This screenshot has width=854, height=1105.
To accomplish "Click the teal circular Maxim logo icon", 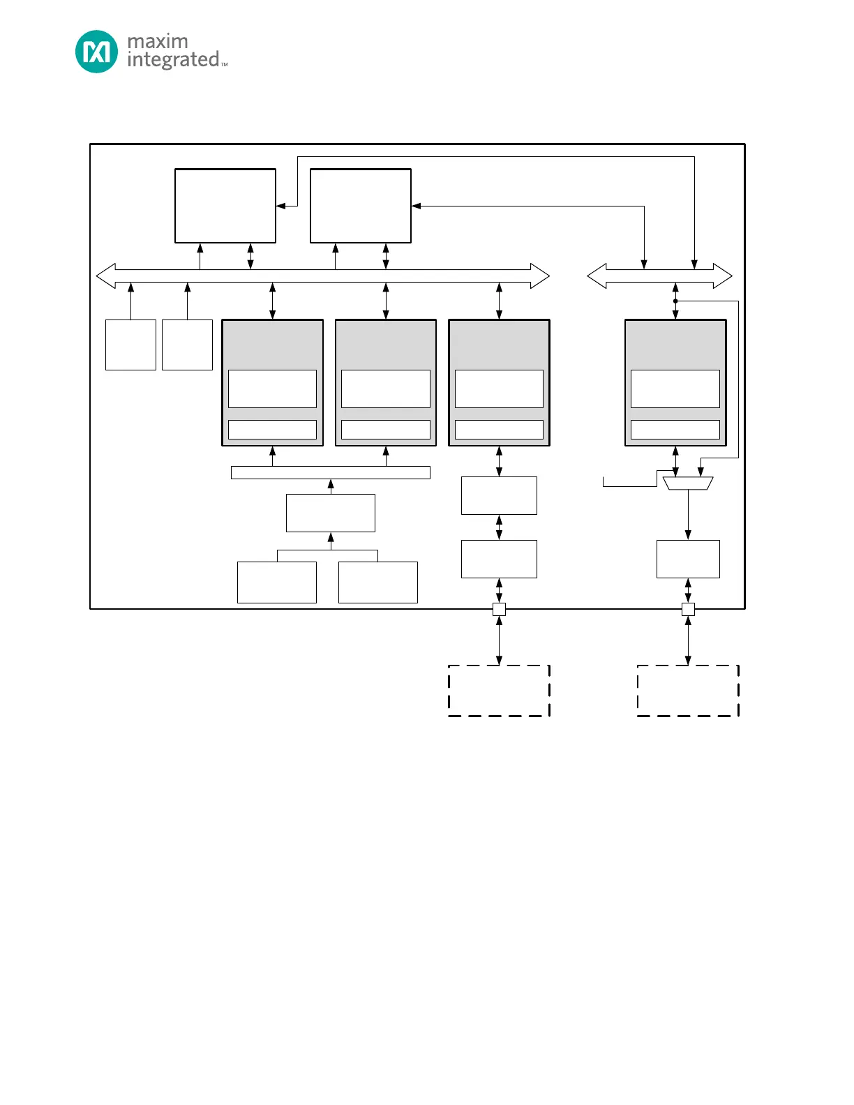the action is pyautogui.click(x=96, y=52).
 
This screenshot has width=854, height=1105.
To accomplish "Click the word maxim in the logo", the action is pyautogui.click(x=158, y=41).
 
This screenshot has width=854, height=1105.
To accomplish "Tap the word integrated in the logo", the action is pyautogui.click(x=173, y=60).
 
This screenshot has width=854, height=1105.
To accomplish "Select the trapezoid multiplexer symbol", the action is pyautogui.click(x=688, y=483).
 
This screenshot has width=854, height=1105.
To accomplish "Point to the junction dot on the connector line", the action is pyautogui.click(x=675, y=301).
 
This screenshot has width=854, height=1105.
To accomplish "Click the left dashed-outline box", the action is pyautogui.click(x=499, y=691).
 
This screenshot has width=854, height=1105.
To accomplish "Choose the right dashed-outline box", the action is pyautogui.click(x=688, y=691).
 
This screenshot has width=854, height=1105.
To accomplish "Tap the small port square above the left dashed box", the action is pyautogui.click(x=499, y=609).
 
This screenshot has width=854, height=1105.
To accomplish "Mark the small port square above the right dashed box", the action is pyautogui.click(x=688, y=609).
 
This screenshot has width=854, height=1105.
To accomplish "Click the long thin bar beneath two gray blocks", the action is pyautogui.click(x=330, y=473).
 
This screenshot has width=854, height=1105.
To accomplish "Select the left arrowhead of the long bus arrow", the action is pyautogui.click(x=105, y=276).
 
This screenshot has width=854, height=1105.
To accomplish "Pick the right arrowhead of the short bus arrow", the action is pyautogui.click(x=723, y=276).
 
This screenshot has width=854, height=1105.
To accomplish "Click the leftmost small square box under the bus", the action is pyautogui.click(x=130, y=345).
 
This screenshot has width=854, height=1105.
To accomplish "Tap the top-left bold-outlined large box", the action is pyautogui.click(x=225, y=206).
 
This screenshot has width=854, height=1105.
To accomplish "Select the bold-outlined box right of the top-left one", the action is pyautogui.click(x=361, y=206).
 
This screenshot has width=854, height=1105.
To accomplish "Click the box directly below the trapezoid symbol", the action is pyautogui.click(x=688, y=559).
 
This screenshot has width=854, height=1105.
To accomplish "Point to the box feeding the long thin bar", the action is pyautogui.click(x=330, y=513).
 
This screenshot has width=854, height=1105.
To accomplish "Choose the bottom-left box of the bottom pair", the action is pyautogui.click(x=277, y=582).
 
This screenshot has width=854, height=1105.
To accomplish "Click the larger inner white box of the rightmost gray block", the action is pyautogui.click(x=675, y=389).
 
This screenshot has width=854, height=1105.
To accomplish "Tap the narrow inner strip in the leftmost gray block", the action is pyautogui.click(x=272, y=430).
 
